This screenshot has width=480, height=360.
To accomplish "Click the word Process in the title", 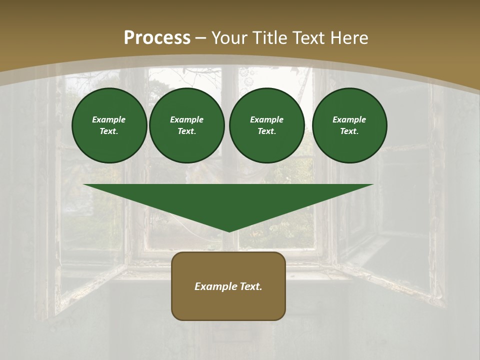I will pos(157,38).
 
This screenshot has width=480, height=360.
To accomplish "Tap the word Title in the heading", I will pos(270,38).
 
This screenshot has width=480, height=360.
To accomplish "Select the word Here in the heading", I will pos(348,38).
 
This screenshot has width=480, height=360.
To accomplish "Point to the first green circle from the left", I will pos(109,125).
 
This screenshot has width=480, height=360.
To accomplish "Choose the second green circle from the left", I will pos(187,125).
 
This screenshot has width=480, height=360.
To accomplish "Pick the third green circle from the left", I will pos(267,125).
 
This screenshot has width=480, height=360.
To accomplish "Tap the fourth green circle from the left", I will pos(349,125).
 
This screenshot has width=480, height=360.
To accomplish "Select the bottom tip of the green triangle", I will pos(229,231).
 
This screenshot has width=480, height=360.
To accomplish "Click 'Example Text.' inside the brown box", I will pos(228,286).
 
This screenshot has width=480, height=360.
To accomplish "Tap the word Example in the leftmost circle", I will pos(109,119).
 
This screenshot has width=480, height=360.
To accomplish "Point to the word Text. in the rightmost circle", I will pos(349,131).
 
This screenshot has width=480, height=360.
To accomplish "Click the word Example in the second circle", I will pos(187,119).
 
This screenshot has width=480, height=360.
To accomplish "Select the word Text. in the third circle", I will pos(266,131).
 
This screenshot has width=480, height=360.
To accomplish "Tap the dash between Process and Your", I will pos(201,38).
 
